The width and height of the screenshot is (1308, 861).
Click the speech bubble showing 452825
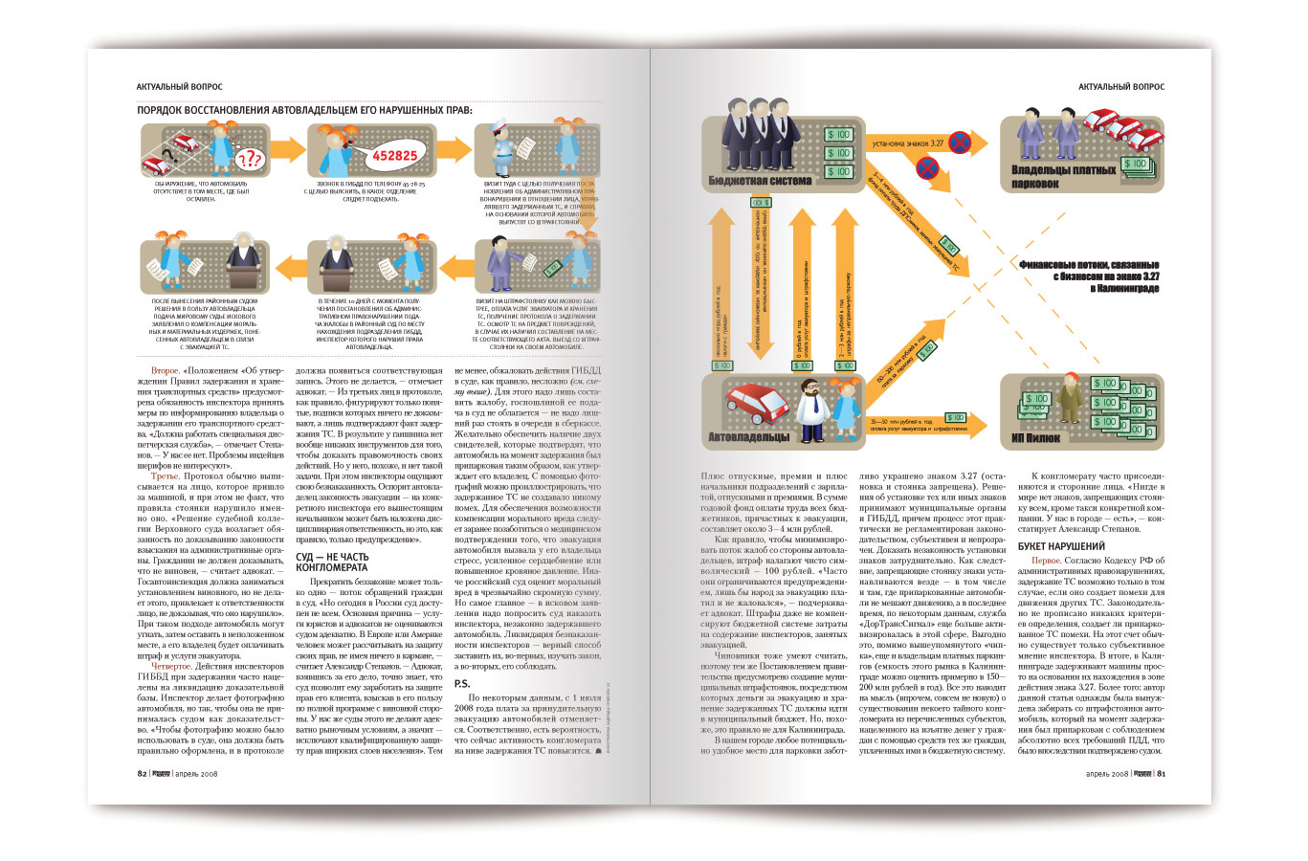[x=394, y=154]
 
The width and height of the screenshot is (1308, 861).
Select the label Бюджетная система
[x=760, y=180]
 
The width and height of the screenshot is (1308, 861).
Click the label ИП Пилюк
[x=1035, y=437]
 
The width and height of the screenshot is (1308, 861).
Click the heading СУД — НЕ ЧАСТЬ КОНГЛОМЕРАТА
[x=332, y=562]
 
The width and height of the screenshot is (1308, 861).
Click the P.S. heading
[x=462, y=684]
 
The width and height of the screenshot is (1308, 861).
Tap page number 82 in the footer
[x=142, y=774]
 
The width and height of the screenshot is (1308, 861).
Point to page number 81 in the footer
[x=1161, y=774]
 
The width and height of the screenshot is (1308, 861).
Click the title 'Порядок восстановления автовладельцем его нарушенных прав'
[x=304, y=110]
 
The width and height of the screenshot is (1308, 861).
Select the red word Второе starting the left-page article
[x=165, y=369]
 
